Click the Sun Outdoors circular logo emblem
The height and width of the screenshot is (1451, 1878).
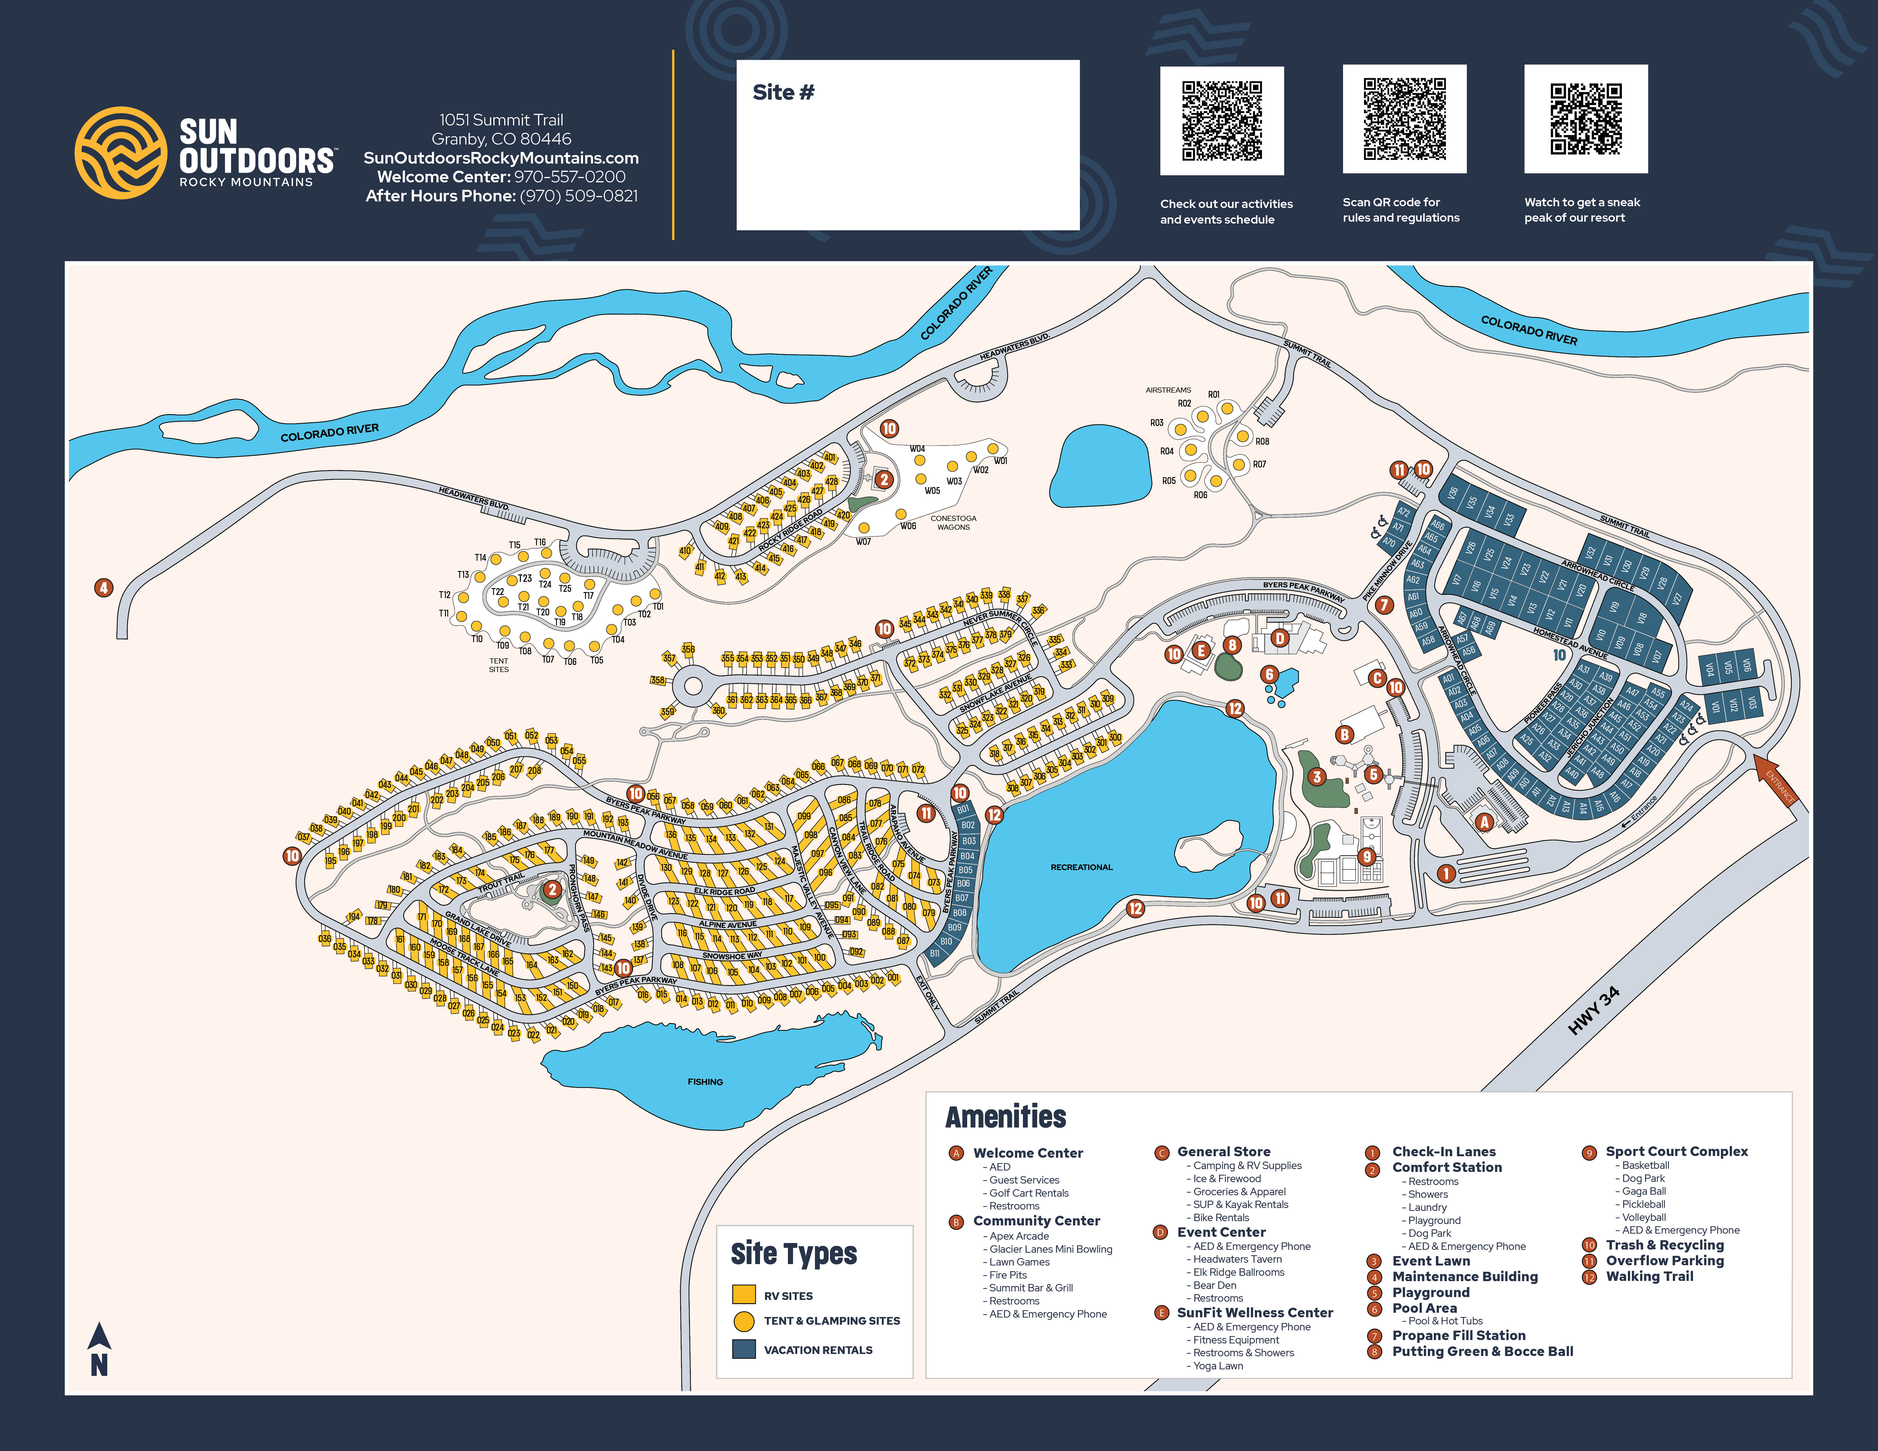coord(120,153)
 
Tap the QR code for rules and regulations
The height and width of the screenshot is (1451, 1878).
coord(1404,119)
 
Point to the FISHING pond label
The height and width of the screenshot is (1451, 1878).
coord(705,1081)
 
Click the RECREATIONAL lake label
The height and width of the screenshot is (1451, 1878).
coord(1081,867)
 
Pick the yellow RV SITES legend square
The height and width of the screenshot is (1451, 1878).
coord(743,1295)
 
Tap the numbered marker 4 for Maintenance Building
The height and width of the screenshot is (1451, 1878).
coord(103,588)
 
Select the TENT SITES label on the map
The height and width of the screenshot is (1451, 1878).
coord(499,665)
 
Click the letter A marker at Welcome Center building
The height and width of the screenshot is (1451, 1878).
coord(1483,822)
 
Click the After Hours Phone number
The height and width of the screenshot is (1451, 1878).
coord(579,196)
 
